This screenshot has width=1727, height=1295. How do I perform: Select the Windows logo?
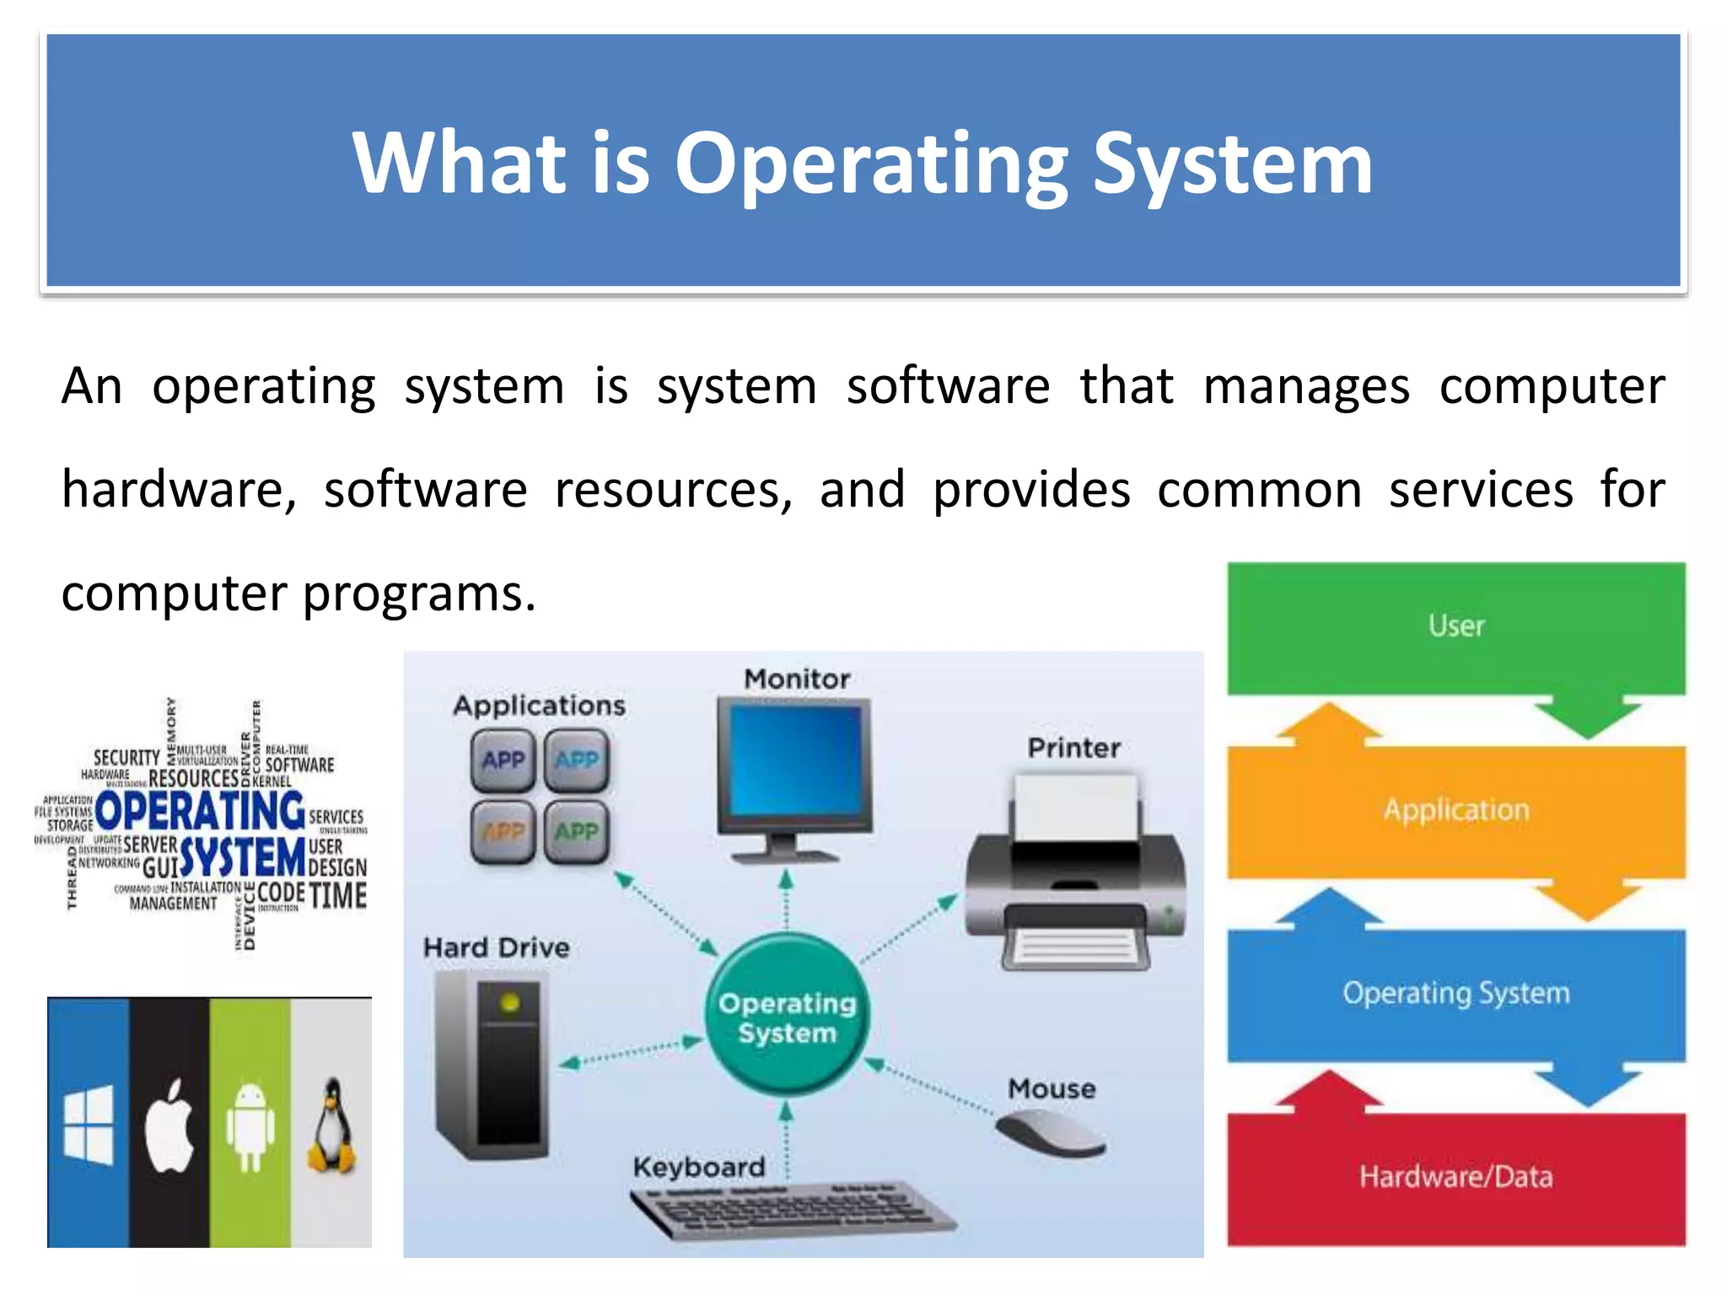point(89,1124)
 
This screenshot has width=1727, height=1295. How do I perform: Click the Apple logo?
point(169,1125)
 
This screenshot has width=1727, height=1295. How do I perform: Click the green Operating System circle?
point(787,1016)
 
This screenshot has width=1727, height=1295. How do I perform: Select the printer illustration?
point(1076,877)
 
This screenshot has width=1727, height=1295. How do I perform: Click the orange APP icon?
point(503,832)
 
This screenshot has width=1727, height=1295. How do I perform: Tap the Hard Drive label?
point(496,948)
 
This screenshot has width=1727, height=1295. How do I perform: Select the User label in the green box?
point(1456,626)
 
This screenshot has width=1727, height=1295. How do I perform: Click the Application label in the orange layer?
point(1456,810)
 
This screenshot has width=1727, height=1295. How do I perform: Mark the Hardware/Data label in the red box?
point(1456,1176)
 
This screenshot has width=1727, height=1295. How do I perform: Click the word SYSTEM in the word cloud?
point(243,857)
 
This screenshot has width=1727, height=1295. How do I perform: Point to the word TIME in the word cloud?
point(338,895)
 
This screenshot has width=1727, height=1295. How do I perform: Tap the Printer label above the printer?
point(1074,748)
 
